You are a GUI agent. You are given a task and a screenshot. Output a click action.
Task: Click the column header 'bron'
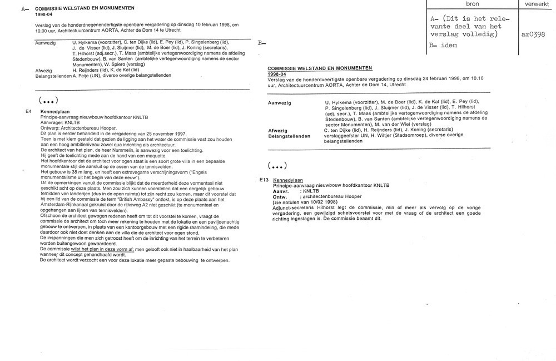click(473, 4)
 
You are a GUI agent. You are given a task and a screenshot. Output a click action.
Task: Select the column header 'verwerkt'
click(536, 4)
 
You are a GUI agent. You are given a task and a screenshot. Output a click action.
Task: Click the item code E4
click(28, 111)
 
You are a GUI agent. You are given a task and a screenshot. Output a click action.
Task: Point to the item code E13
click(264, 180)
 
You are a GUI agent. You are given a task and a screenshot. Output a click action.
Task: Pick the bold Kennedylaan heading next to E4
click(54, 112)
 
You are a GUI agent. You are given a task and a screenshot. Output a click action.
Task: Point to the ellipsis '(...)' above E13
click(277, 166)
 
